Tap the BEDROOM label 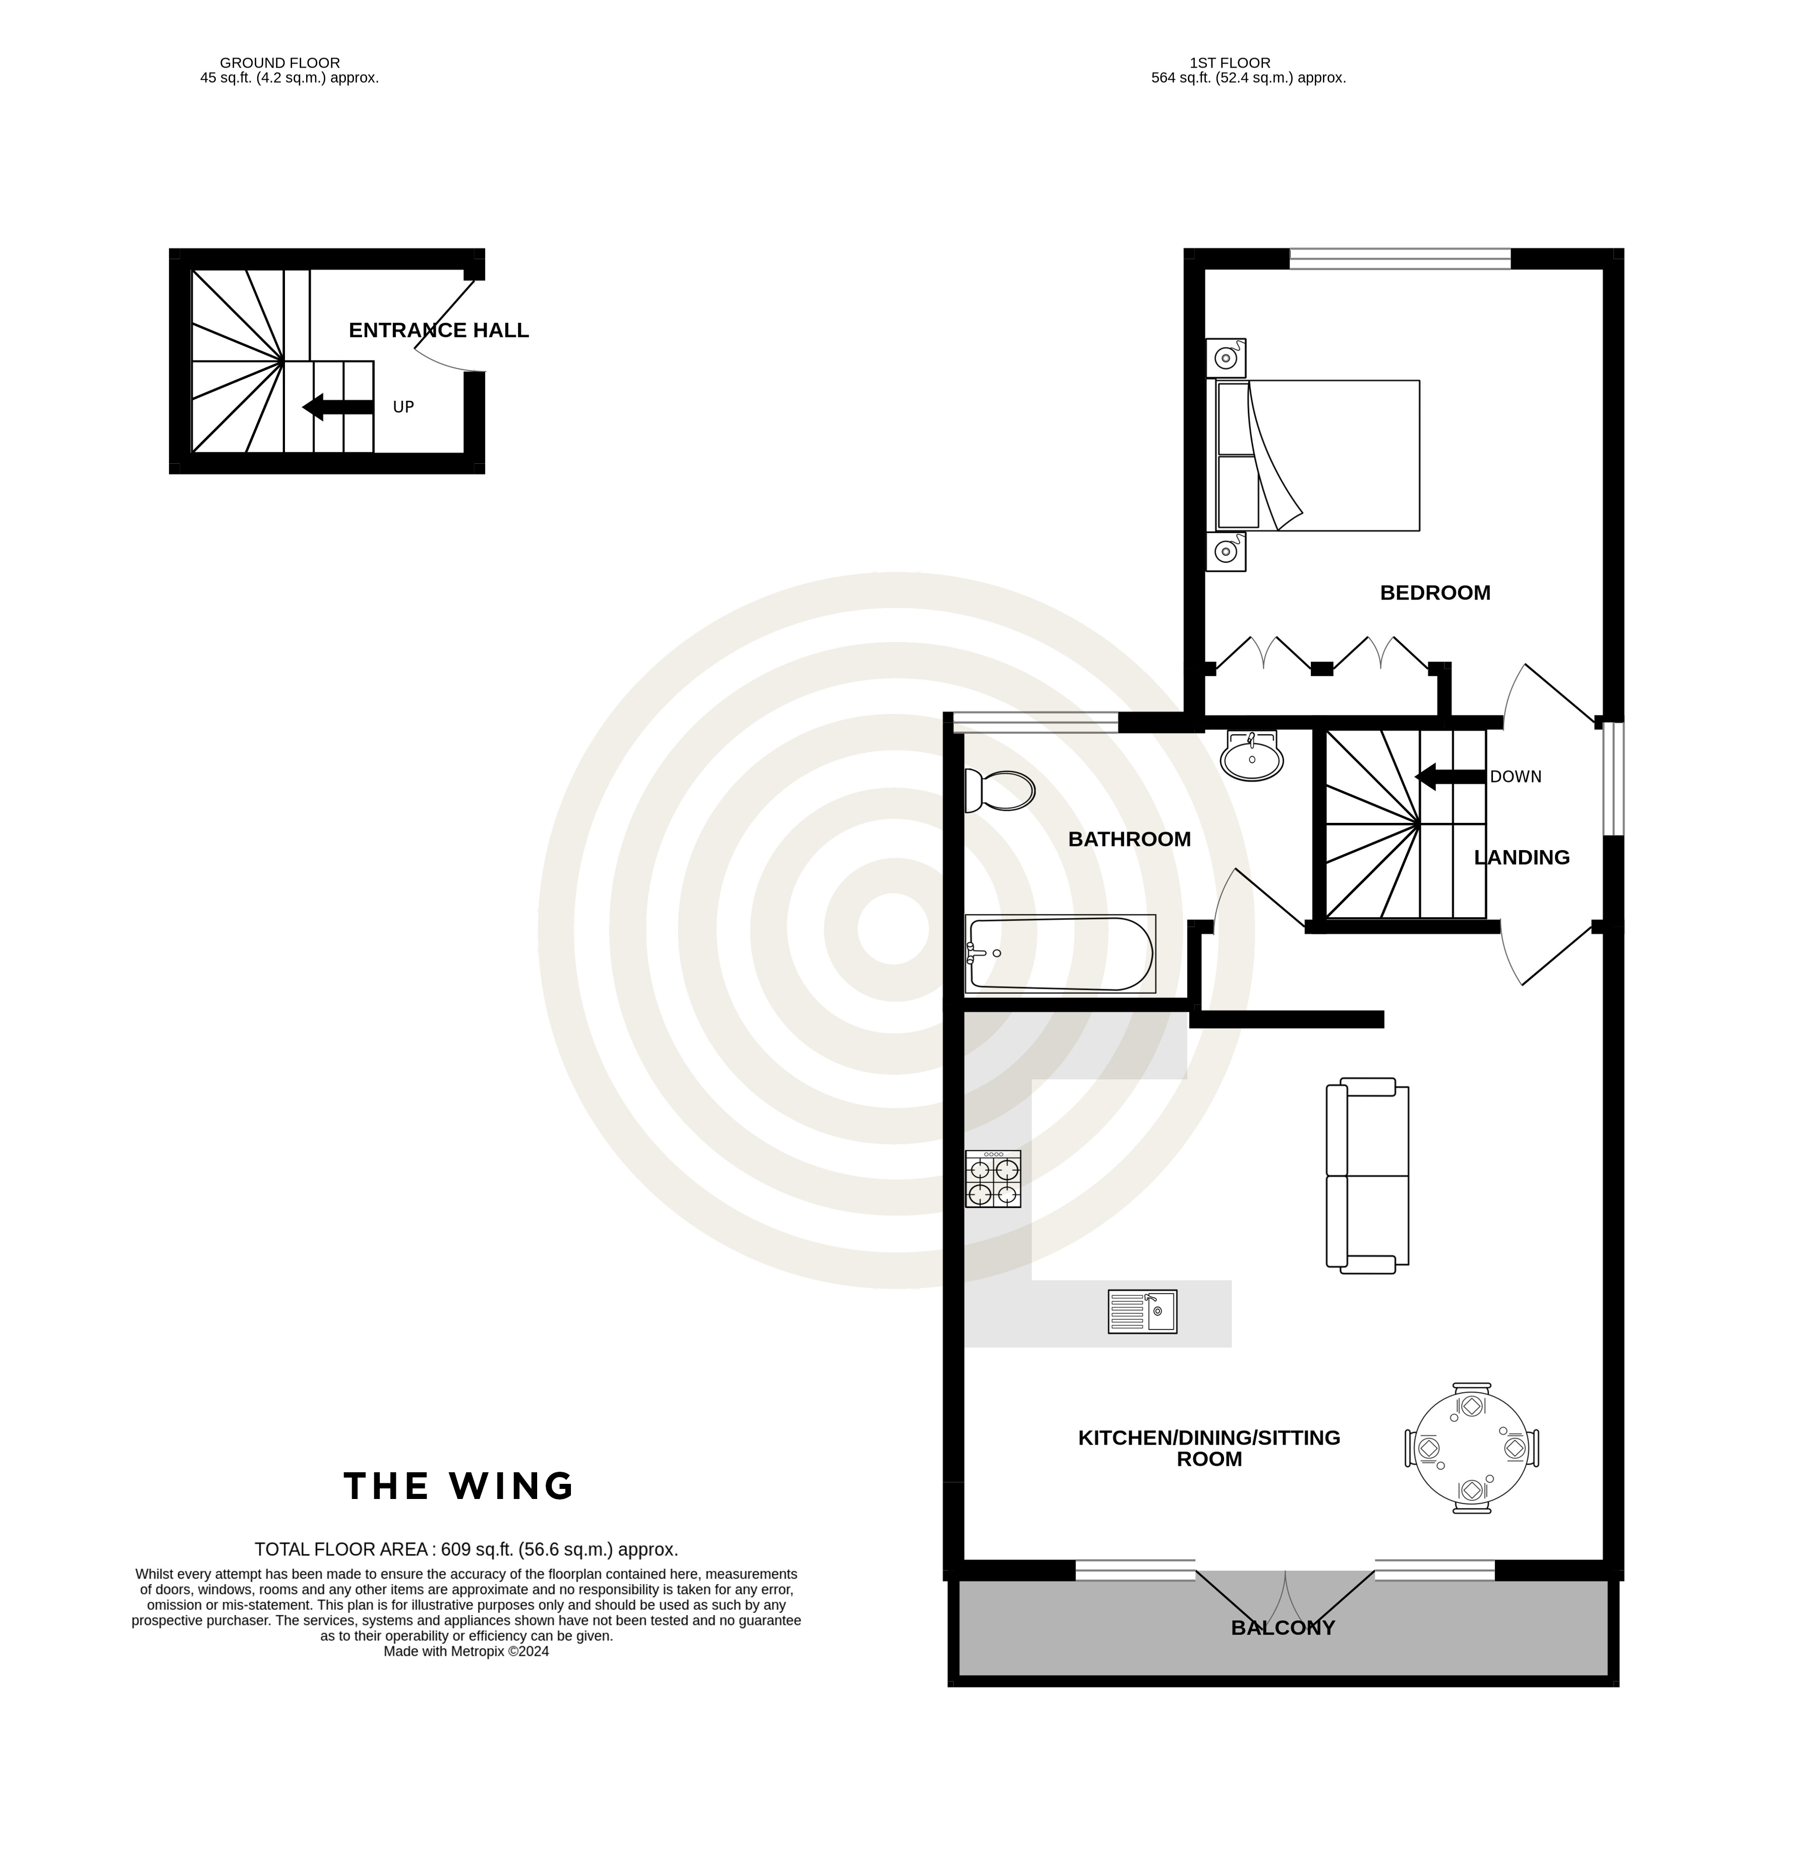point(1435,592)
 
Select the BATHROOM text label point(1129,839)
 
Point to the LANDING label point(1521,857)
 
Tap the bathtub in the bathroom point(1060,954)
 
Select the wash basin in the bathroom point(1252,756)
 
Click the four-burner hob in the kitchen point(994,1179)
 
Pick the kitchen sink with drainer point(1142,1311)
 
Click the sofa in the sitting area point(1367,1175)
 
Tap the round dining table point(1471,1448)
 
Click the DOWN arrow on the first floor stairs point(1450,776)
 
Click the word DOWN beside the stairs point(1516,776)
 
